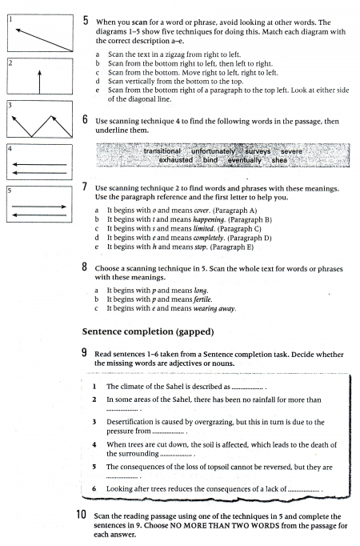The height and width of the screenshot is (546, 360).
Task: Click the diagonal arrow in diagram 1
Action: [44, 40]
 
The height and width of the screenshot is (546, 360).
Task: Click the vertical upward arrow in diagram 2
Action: [40, 82]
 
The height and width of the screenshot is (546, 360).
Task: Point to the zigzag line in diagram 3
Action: [42, 126]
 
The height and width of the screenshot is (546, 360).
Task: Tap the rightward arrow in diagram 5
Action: [39, 207]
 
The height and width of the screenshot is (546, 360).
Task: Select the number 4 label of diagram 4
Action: [10, 149]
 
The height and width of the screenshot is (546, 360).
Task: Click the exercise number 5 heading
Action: [86, 21]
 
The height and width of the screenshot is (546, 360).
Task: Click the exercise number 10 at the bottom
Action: [81, 514]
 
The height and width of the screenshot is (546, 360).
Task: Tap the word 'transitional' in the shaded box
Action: [162, 151]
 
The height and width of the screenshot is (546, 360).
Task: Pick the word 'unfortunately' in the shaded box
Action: [214, 151]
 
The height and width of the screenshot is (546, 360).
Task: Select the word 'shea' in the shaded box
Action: [279, 160]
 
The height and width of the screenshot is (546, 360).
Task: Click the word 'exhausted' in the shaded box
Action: [176, 160]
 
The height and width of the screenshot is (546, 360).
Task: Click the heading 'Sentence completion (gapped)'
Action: [148, 332]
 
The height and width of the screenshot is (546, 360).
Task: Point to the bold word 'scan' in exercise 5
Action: [139, 22]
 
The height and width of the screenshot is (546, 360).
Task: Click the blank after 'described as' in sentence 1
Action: [247, 388]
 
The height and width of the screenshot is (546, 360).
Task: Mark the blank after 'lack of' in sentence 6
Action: [304, 491]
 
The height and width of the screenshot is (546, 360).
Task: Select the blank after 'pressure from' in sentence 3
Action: [168, 433]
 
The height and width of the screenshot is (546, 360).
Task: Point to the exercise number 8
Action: [85, 267]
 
